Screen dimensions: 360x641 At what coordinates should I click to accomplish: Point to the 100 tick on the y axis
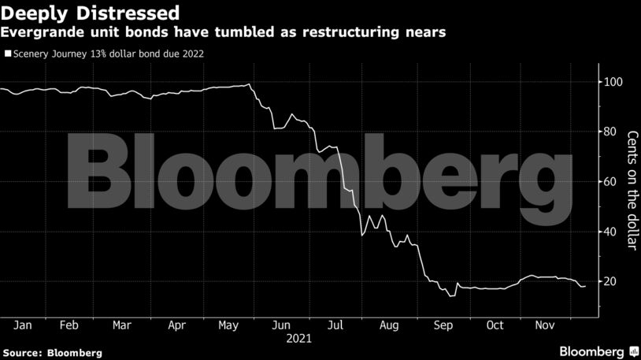click(613, 82)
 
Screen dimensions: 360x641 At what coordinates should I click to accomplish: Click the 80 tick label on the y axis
click(610, 132)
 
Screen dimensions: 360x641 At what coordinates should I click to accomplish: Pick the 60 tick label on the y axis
click(610, 182)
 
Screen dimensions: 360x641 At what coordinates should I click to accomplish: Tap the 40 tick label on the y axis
click(610, 232)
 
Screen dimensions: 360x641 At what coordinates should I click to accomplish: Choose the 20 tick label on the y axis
click(610, 282)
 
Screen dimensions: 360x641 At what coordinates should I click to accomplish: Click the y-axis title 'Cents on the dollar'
click(631, 189)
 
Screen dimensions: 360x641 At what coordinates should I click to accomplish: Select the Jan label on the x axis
click(22, 325)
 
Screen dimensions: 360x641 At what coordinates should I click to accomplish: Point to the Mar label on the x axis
click(121, 325)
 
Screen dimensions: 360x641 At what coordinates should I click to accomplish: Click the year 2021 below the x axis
click(299, 340)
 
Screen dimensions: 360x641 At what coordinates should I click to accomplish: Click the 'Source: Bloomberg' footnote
click(52, 352)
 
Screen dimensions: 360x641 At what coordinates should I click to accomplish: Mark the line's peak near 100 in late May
click(249, 84)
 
